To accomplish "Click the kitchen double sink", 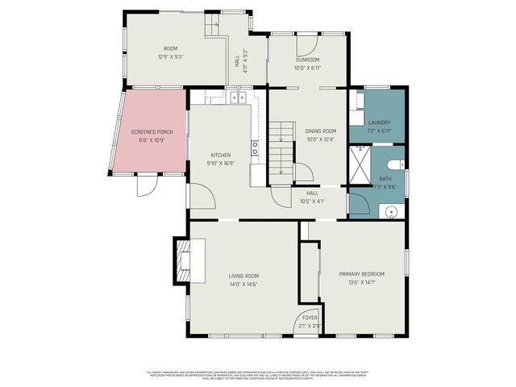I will pos(239,98).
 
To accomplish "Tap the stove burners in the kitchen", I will pos(255,148).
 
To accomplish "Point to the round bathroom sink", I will pos(392,211).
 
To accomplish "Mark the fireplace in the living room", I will pos(182,260).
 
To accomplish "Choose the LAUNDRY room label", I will pos(379,123).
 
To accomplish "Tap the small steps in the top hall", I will pos(214,26).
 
